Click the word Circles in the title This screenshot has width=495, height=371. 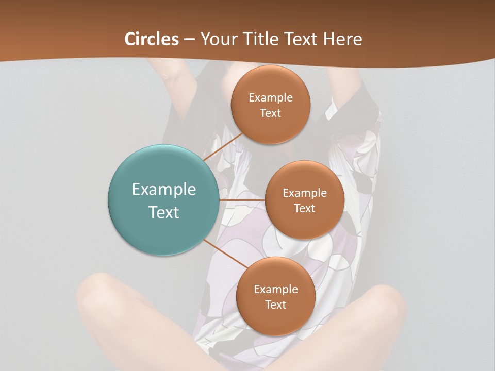[151, 39]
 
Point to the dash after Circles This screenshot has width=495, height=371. [189, 40]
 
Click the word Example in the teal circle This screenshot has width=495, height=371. [163, 190]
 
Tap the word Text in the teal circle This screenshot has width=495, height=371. [163, 212]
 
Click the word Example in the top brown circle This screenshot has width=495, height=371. [270, 98]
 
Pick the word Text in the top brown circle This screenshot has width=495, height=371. [270, 113]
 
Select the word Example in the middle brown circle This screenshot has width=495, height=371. [304, 193]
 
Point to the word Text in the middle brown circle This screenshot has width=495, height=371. [304, 208]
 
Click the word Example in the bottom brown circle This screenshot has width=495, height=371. [275, 290]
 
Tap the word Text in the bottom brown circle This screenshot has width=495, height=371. [275, 305]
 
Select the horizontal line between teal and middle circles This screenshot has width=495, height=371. [242, 200]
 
